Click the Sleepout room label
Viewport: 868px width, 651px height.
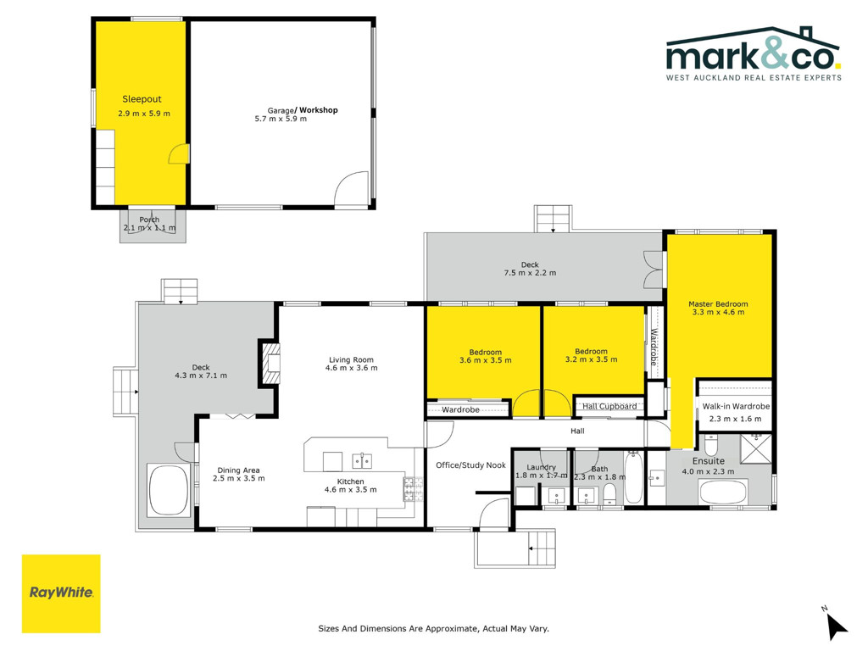coord(142,99)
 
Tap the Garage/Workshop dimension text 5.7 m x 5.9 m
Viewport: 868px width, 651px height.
coord(281,119)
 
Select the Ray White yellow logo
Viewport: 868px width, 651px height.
coord(61,593)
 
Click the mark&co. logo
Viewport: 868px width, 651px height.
coord(754,53)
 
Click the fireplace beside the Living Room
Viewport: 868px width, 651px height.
coord(270,364)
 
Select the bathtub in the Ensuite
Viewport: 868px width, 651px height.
coord(722,492)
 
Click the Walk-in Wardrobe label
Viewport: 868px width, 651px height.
coord(736,406)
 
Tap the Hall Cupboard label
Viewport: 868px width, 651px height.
coord(609,406)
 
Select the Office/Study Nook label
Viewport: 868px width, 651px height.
coord(470,465)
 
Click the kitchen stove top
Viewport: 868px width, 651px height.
coord(413,489)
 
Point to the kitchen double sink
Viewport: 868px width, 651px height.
coord(362,460)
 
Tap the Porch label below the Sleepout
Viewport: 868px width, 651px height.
coord(149,220)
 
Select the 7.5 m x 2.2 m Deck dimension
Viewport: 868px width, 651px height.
coord(530,273)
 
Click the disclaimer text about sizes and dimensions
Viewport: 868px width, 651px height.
coord(433,628)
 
